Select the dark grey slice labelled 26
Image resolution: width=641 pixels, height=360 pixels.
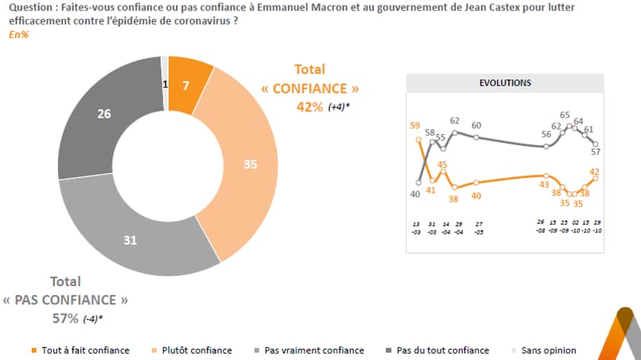(103, 114)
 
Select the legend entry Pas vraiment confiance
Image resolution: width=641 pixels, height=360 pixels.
(314, 350)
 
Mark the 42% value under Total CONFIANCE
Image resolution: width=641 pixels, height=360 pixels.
(310, 107)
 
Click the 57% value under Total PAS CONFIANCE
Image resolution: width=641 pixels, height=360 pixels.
(62, 318)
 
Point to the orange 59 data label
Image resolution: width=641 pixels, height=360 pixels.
(415, 125)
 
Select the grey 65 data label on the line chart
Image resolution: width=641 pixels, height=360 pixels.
(565, 114)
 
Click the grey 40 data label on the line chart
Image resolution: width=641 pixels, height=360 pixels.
(415, 194)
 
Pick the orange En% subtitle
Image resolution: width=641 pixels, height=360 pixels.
(19, 36)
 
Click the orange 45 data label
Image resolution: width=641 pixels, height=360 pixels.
(443, 165)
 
